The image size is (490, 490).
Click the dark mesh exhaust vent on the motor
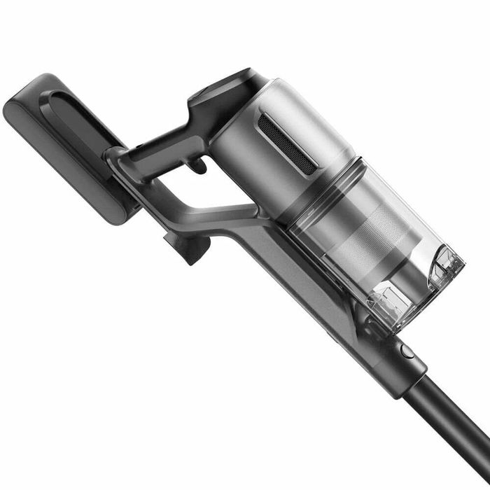point(287,143)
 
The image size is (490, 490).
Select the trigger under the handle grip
point(198,165)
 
